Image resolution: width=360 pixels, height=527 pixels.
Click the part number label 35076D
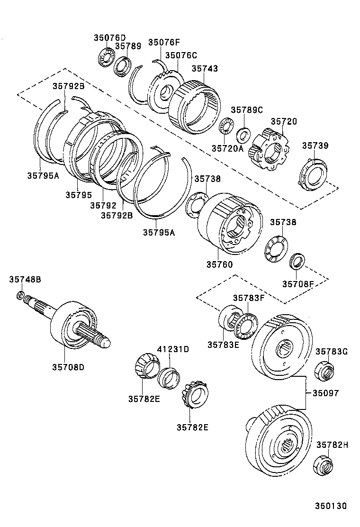coord(110,37)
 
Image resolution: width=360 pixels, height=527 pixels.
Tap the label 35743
coord(205,68)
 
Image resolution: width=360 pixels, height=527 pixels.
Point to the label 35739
coord(315,145)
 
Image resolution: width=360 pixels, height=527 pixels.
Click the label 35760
coord(219,264)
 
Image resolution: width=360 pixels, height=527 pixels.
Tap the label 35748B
coord(25,280)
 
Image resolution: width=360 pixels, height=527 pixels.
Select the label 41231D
coord(173,349)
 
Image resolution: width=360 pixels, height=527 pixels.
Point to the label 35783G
coord(332,351)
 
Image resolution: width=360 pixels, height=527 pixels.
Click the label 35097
coord(325,393)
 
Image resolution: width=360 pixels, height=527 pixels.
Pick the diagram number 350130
coord(331,506)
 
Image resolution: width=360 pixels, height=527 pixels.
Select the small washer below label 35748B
coord(20,296)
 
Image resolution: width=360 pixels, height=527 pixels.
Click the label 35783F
coord(248,298)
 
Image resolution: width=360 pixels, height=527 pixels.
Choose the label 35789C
coord(246,110)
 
